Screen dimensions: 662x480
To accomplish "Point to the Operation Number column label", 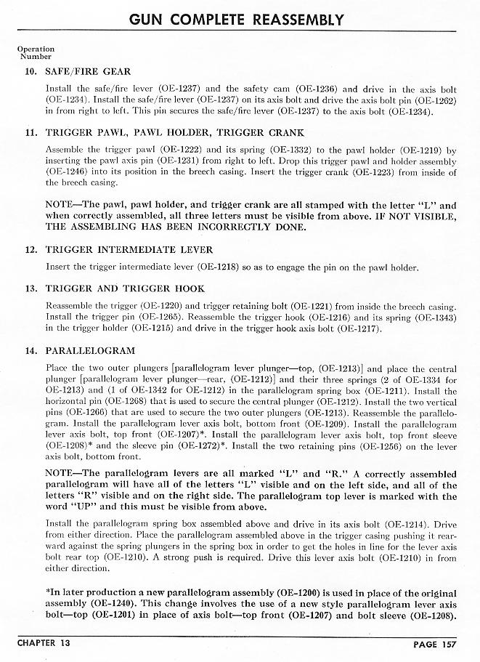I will (x=36, y=52).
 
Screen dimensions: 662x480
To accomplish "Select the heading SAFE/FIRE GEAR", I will (x=88, y=71).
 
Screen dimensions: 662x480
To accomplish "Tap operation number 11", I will (x=30, y=133).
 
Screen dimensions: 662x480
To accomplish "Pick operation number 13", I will (x=30, y=288).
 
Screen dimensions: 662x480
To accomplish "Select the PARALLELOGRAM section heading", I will (x=90, y=350).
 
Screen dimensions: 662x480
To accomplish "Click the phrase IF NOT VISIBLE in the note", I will (x=413, y=217).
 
